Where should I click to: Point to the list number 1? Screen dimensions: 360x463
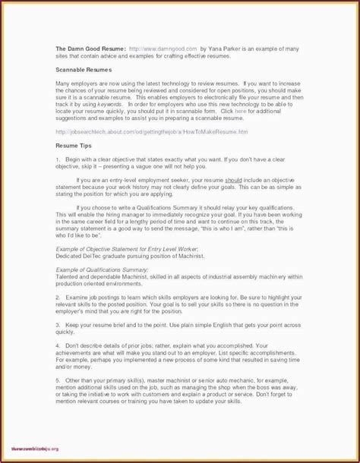tap(58, 159)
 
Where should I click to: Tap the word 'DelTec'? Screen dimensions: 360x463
tap(99, 256)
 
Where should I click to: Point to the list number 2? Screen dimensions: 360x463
tap(58, 298)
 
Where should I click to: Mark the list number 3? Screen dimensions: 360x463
tap(58, 324)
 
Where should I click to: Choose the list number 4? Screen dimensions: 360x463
tap(58, 345)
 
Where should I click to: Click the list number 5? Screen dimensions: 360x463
tap(58, 380)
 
